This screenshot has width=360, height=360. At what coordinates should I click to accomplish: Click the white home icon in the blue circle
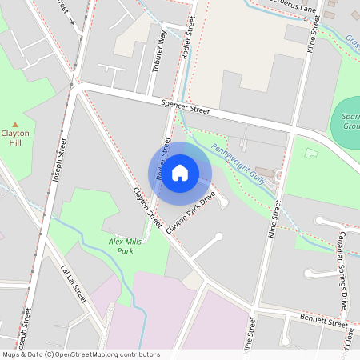click(x=180, y=172)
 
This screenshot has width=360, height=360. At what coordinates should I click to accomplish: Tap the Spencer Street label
click(x=185, y=106)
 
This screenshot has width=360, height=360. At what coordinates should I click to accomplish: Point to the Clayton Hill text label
click(x=15, y=138)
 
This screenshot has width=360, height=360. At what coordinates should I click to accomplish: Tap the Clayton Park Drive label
click(x=192, y=212)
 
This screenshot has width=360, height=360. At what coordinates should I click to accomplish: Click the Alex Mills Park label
click(x=121, y=246)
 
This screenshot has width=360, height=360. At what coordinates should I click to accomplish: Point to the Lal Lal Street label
click(x=74, y=282)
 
